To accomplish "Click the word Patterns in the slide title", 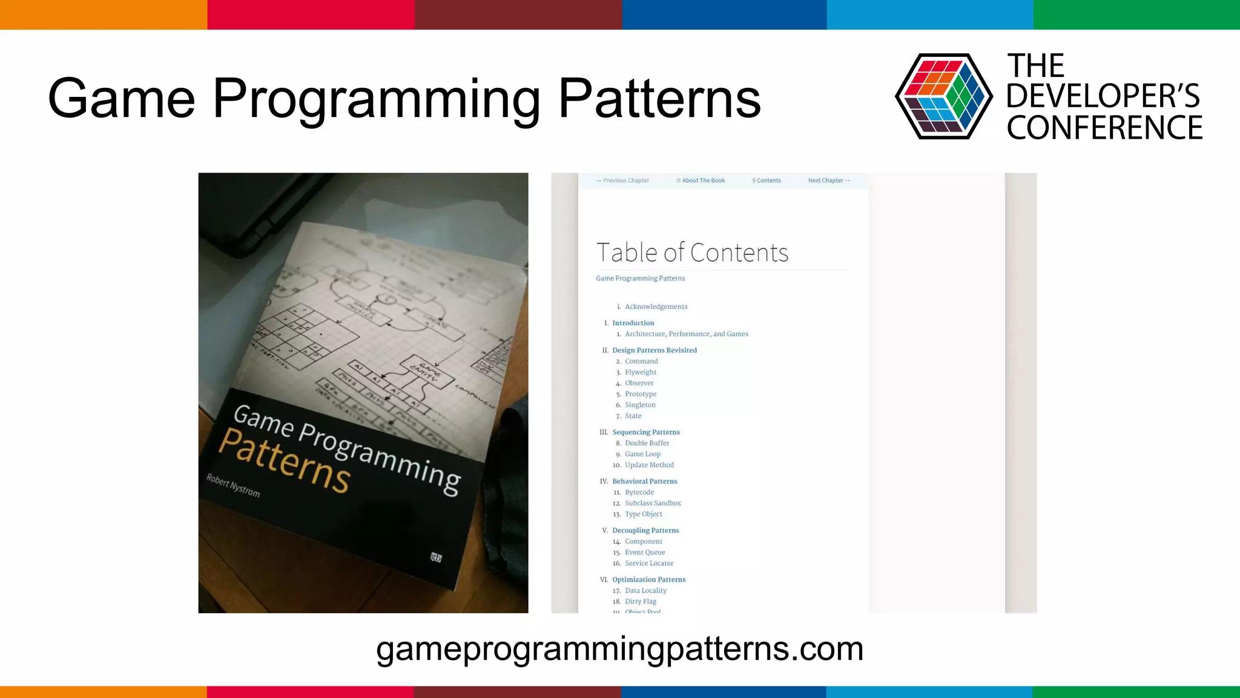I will click(x=659, y=98).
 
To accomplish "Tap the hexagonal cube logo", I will click(x=943, y=96).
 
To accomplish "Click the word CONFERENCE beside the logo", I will click(x=1104, y=128).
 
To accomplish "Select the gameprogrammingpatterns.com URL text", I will click(x=619, y=648).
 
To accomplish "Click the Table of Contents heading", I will click(x=692, y=253).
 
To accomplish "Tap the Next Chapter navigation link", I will click(x=829, y=181).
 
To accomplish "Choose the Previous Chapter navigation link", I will click(x=622, y=181).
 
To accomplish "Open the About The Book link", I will click(x=701, y=181).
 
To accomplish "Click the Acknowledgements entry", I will click(x=656, y=307).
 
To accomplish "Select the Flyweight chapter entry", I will click(x=641, y=372).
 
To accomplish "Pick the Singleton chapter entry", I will click(x=640, y=405).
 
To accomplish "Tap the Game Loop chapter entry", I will click(x=642, y=454).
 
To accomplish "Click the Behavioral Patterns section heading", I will click(x=644, y=481).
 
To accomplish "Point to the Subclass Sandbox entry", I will click(x=653, y=503).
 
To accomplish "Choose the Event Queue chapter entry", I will click(x=645, y=552).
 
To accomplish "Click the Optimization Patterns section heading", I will click(x=648, y=579).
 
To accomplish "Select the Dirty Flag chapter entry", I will click(x=641, y=601).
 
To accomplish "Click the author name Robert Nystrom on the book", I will click(x=233, y=485).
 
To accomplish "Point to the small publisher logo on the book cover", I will click(x=436, y=557).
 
